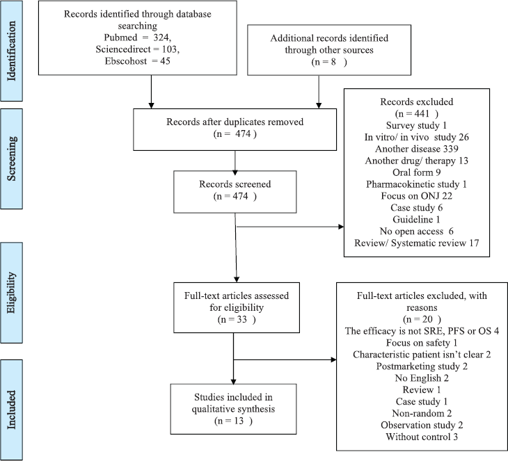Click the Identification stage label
point(11,51)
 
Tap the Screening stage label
point(11,159)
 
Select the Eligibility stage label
point(11,293)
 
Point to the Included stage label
point(11,410)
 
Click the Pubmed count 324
point(161,38)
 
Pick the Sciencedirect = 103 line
point(137,49)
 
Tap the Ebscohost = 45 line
point(137,61)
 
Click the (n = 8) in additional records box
point(329,62)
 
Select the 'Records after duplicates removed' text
point(235,122)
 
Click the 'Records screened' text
point(235,184)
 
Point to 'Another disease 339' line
point(417,149)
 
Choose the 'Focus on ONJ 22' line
point(417,196)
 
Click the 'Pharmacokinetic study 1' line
point(417,184)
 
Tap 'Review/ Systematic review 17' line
point(417,243)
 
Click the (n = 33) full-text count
point(237,320)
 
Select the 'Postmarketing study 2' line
point(422,366)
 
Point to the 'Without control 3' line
point(422,437)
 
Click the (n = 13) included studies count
point(233,421)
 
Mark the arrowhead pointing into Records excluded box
point(341,227)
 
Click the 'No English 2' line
point(422,378)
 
